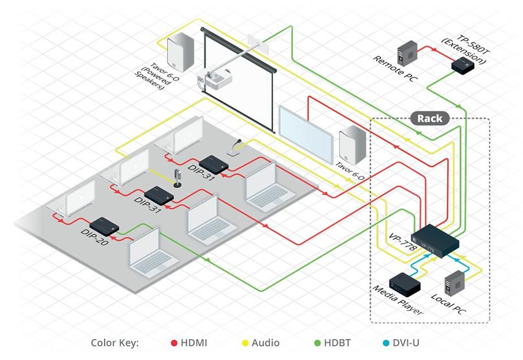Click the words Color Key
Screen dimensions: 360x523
click(115, 343)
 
